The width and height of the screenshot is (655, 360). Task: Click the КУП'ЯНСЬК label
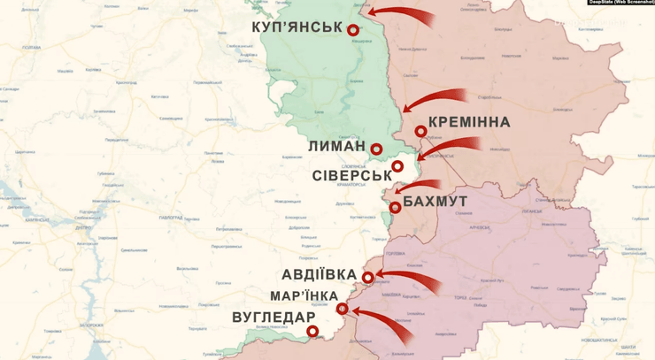tap(297, 27)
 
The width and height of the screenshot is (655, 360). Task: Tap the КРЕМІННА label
tap(468, 122)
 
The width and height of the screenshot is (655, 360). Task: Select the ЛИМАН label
tap(337, 147)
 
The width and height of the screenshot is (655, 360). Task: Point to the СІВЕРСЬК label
tap(351, 175)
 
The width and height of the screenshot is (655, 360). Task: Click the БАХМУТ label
tap(435, 203)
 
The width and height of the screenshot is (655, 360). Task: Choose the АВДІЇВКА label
tap(320, 275)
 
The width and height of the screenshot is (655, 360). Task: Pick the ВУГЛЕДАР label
tap(274, 318)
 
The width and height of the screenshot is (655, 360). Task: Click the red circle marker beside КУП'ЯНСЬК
tap(353, 30)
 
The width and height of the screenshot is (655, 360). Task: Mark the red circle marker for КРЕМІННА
tap(420, 131)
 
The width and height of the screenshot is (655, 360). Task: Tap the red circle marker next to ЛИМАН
tap(376, 149)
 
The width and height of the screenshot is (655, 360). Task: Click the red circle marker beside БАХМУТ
tap(395, 208)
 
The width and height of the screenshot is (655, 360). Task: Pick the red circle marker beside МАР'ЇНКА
tap(343, 308)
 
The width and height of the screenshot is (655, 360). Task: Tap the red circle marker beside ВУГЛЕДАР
tap(312, 332)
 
